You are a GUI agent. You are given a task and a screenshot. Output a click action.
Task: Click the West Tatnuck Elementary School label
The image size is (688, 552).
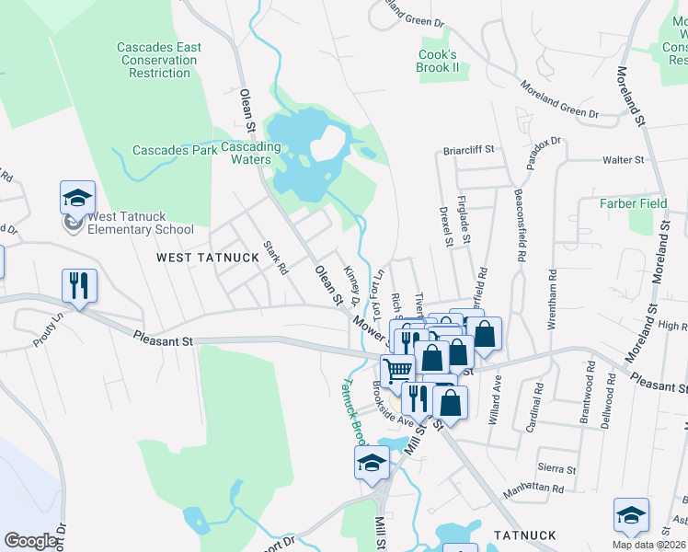tap(140, 224)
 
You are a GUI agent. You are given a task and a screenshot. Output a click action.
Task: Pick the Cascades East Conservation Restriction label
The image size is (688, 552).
tap(159, 60)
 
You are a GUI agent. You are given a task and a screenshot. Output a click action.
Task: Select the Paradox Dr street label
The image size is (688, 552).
tap(543, 150)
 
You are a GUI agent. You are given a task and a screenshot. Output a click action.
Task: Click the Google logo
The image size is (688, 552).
tap(30, 541)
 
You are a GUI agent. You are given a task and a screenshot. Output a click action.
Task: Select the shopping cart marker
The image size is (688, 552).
tap(397, 370)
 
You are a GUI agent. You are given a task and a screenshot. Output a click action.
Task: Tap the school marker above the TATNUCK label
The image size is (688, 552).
tap(631, 515)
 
